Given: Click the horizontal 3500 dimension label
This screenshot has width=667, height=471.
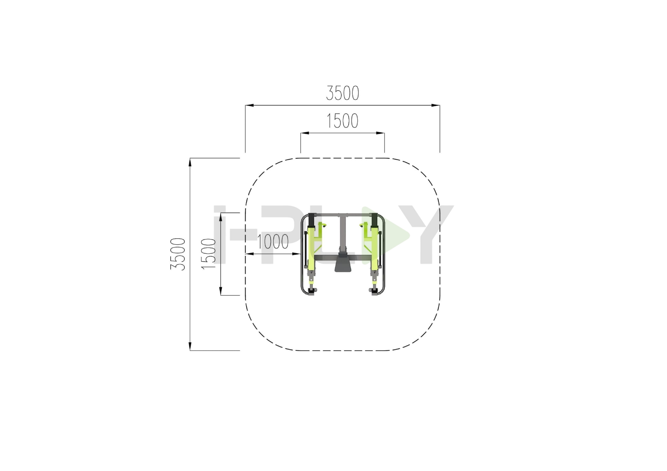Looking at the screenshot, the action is coord(343,93).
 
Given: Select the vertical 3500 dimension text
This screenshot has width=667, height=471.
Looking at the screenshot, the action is coord(178,254).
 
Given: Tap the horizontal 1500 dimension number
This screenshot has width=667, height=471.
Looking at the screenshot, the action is coord(343,121).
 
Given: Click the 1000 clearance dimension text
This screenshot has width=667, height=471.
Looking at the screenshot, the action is coord(273,242).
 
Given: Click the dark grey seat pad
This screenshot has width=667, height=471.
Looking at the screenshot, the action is coord(343,262).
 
